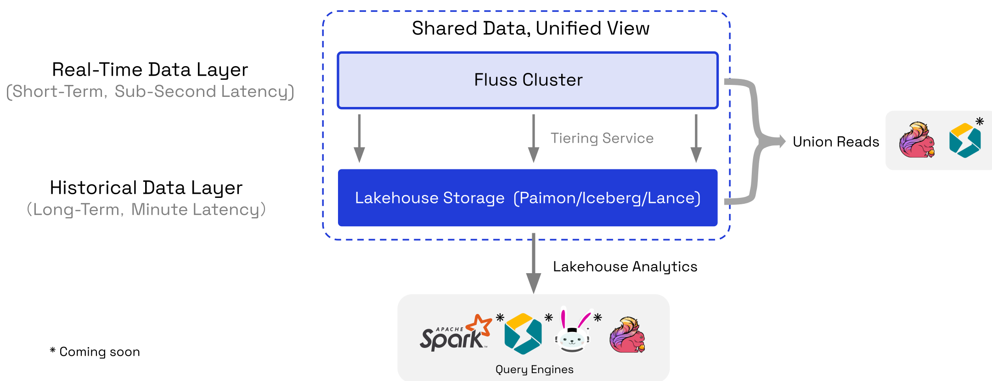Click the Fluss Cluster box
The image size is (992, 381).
528,80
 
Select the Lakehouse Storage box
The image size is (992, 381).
528,198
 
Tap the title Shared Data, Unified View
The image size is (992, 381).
530,28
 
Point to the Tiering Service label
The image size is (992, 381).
602,138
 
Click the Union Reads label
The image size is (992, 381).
836,142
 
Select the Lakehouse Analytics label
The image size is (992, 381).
625,267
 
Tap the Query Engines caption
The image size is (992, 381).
534,370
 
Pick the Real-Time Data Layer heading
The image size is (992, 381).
150,70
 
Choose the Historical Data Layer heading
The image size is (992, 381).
146,188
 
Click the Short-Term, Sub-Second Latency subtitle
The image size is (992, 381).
150,91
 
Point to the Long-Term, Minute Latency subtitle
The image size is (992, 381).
146,209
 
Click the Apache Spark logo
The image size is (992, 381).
455,334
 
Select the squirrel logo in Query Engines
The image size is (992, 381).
627,335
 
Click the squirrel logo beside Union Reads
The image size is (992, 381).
917,140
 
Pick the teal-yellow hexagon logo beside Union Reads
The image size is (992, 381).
964,140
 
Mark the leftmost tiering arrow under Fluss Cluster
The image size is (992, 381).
359,138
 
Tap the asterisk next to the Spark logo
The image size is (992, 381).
500,317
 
